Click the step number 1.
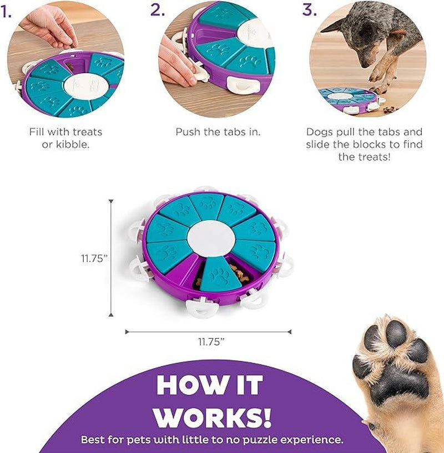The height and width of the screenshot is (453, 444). [x=6, y=11]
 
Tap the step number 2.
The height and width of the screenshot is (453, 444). [x=158, y=11]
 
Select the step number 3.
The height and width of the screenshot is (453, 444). [x=309, y=11]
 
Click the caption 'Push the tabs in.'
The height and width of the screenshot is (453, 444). [x=218, y=132]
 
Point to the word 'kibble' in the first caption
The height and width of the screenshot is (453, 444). [x=74, y=145]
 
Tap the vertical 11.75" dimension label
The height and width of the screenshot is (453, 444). [x=92, y=258]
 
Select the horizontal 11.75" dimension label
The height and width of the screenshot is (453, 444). [x=211, y=342]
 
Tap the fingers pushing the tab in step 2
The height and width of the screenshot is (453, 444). [x=178, y=67]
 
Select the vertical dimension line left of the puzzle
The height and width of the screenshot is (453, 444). [x=112, y=258]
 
